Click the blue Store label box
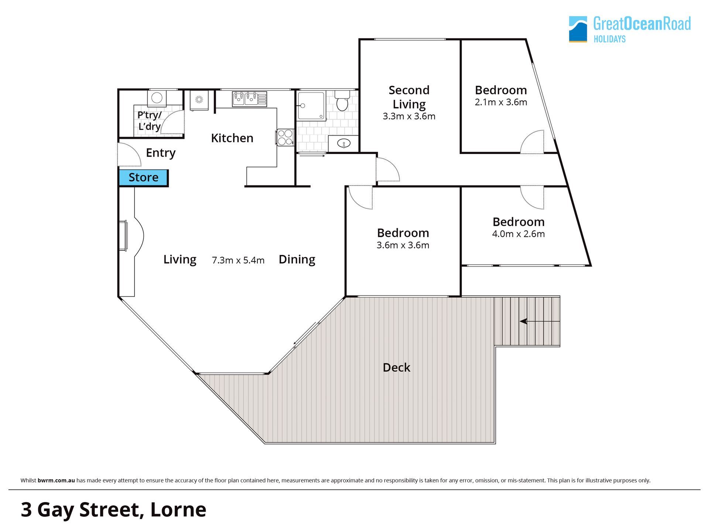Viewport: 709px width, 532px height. click(143, 178)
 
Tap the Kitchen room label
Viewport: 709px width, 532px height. click(232, 138)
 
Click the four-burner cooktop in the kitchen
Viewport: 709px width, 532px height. click(285, 137)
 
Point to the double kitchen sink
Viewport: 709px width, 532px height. click(249, 99)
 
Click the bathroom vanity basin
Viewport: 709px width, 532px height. click(344, 143)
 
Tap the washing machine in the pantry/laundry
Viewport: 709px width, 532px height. click(157, 98)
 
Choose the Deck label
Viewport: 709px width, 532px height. click(396, 368)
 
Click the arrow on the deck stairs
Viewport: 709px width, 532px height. click(540, 321)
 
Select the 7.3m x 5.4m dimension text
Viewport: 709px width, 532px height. click(238, 260)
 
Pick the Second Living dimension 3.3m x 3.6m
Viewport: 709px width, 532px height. click(409, 116)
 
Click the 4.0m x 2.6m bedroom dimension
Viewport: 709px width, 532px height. click(518, 234)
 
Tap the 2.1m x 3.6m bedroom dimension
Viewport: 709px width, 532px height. click(501, 102)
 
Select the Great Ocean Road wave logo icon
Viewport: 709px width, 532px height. click(578, 29)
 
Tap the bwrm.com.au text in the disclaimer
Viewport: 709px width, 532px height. click(56, 481)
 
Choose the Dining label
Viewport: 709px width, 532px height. click(297, 259)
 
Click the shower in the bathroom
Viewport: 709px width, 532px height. click(312, 106)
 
